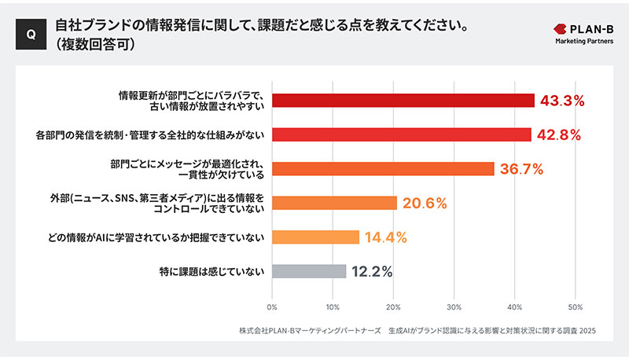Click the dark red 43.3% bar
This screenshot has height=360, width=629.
click(x=403, y=101)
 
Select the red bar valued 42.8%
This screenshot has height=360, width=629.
click(x=401, y=134)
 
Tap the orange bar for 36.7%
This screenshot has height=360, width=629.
click(x=383, y=168)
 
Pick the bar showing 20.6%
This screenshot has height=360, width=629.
click(x=334, y=203)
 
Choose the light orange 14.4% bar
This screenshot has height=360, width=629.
click(x=315, y=237)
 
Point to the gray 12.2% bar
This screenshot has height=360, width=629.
click(x=309, y=271)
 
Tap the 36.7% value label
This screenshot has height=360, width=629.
click(x=521, y=168)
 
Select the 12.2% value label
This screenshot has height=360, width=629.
click(x=371, y=271)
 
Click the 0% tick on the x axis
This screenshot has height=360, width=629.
click(x=272, y=306)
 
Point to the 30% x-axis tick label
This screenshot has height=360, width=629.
click(x=454, y=306)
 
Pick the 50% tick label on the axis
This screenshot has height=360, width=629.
click(x=575, y=306)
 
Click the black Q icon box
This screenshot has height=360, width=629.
click(x=30, y=35)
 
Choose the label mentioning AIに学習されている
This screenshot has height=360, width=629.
click(x=189, y=237)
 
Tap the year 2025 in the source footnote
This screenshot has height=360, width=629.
click(x=586, y=331)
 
